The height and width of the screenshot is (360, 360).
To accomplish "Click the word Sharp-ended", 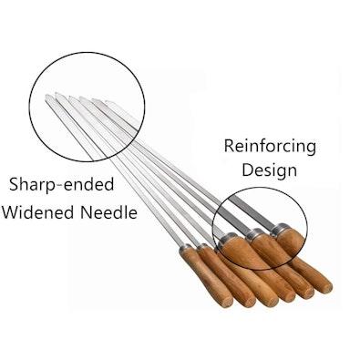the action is pyautogui.click(x=61, y=184).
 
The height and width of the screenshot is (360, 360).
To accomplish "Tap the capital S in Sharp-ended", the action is pyautogui.click(x=14, y=184).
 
